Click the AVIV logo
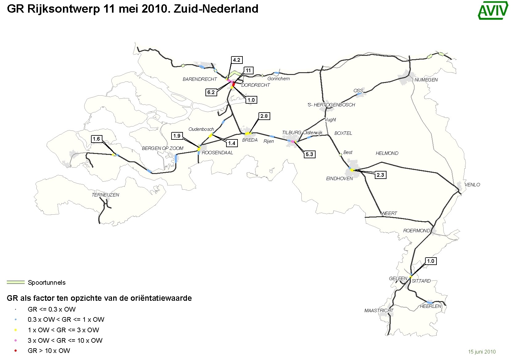click(x=493, y=10)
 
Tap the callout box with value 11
click(x=248, y=70)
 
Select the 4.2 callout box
click(x=236, y=60)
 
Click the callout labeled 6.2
click(x=211, y=92)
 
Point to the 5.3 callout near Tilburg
click(x=309, y=154)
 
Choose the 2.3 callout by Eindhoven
click(x=380, y=175)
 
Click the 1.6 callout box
click(x=96, y=139)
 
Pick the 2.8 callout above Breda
click(x=264, y=116)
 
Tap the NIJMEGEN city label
click(x=426, y=80)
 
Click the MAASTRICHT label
click(x=379, y=311)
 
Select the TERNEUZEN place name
click(x=105, y=195)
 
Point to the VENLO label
click(x=472, y=185)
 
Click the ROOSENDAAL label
click(x=217, y=153)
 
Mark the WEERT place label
click(x=389, y=213)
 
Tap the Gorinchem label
click(x=279, y=79)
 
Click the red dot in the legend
click(x=15, y=351)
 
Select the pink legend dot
click(x=15, y=340)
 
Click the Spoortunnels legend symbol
click(x=15, y=282)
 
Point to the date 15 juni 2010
click(x=482, y=352)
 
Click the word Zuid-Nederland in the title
click(x=216, y=9)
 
